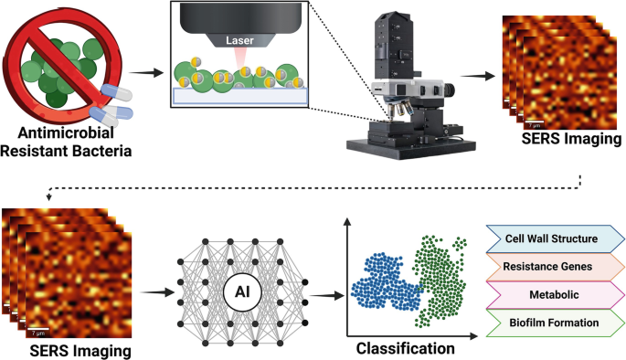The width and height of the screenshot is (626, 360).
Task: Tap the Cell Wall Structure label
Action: coord(550,240)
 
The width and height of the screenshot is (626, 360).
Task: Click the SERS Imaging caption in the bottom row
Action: coord(63,349)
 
